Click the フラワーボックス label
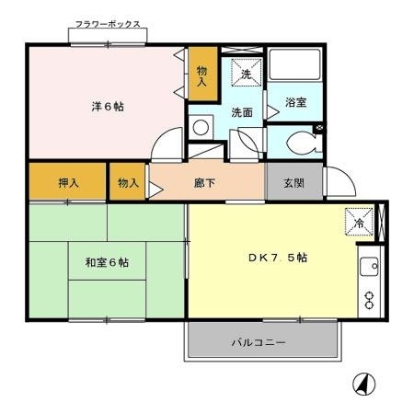tap(108, 24)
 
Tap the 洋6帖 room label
tap(108, 107)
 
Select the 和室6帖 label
tap(107, 263)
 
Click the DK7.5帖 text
tap(278, 258)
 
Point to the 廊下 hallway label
tap(205, 183)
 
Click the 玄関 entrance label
tap(293, 183)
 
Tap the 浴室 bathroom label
tap(296, 102)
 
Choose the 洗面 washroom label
tap(242, 112)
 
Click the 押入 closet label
tap(69, 183)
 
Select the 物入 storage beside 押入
tap(129, 183)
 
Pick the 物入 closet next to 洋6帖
tap(201, 75)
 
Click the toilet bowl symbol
tap(302, 143)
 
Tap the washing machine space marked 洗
tap(247, 73)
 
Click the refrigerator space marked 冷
tap(359, 222)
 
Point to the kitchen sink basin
tap(370, 267)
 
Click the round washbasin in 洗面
tap(201, 127)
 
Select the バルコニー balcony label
tap(259, 342)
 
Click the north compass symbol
tap(364, 385)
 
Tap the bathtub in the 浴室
tap(294, 63)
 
